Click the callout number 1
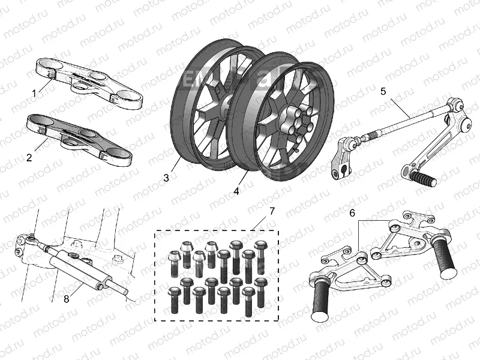coord(34,93)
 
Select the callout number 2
coord(29,158)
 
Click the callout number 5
coord(384,92)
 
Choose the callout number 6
coord(352,212)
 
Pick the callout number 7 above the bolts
coord(271,211)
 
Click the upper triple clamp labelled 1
coord(90,81)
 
